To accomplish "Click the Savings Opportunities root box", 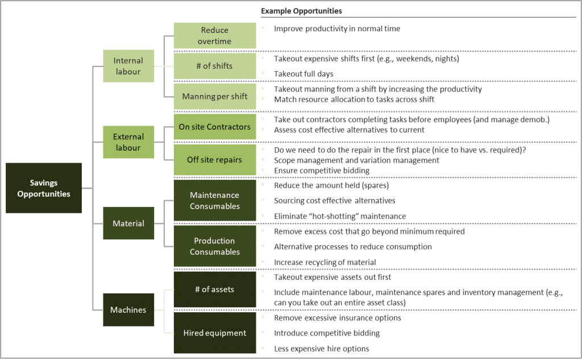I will click(44, 188).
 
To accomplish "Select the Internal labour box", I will click(128, 66).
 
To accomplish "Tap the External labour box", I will click(128, 142).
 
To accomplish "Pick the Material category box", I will click(128, 224).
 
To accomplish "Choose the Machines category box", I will click(128, 310).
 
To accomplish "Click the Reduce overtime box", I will click(214, 36).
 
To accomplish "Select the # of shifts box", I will click(214, 66).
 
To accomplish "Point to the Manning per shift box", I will click(214, 96).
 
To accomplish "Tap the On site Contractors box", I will click(214, 127).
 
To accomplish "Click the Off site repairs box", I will click(214, 160).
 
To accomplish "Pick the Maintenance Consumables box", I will click(214, 201).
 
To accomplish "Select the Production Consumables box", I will click(214, 246).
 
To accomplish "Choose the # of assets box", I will click(214, 289).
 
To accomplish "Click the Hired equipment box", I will click(214, 333).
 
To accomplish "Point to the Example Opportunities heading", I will click(301, 11).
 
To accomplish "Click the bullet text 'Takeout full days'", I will click(304, 74).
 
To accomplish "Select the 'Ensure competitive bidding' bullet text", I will click(321, 171).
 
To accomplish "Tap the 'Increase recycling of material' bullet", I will click(325, 262).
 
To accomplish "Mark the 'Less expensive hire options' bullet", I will click(321, 348).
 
